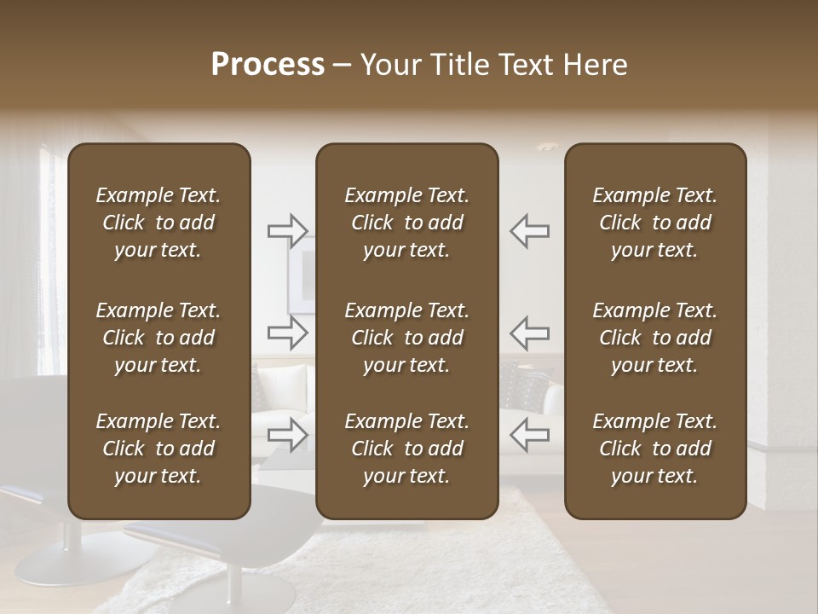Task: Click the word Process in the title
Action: point(268,65)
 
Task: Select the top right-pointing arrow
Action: point(288,230)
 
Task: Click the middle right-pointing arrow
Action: point(288,333)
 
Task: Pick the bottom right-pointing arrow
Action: point(288,434)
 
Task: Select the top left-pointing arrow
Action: point(529,230)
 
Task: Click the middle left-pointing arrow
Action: point(529,333)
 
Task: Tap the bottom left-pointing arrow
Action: point(529,434)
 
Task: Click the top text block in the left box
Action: point(158,223)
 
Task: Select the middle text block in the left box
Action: point(158,338)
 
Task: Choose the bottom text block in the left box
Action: point(158,449)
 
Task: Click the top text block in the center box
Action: point(406,223)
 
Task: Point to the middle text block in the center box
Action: point(406,338)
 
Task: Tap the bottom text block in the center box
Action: point(406,449)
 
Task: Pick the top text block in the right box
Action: point(654,223)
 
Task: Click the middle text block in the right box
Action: point(654,338)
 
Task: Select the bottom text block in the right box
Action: point(654,449)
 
